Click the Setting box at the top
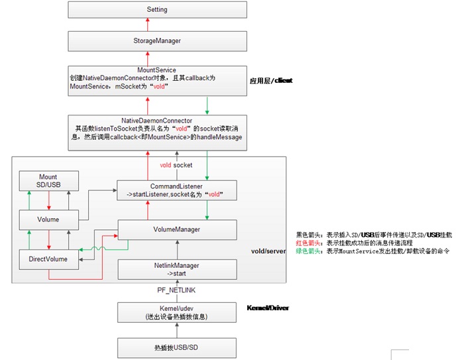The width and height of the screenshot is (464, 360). pyautogui.click(x=157, y=10)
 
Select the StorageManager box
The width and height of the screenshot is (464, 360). pyautogui.click(x=157, y=41)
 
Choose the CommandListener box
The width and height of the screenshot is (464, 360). pyautogui.click(x=176, y=190)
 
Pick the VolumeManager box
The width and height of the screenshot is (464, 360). pyautogui.click(x=176, y=229)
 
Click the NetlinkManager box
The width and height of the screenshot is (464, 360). pyautogui.click(x=176, y=269)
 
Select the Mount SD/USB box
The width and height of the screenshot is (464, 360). pyautogui.click(x=48, y=182)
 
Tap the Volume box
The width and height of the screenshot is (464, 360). pyautogui.click(x=48, y=219)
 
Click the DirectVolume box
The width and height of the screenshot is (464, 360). pyautogui.click(x=48, y=259)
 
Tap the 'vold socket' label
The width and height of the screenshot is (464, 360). pyautogui.click(x=176, y=164)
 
